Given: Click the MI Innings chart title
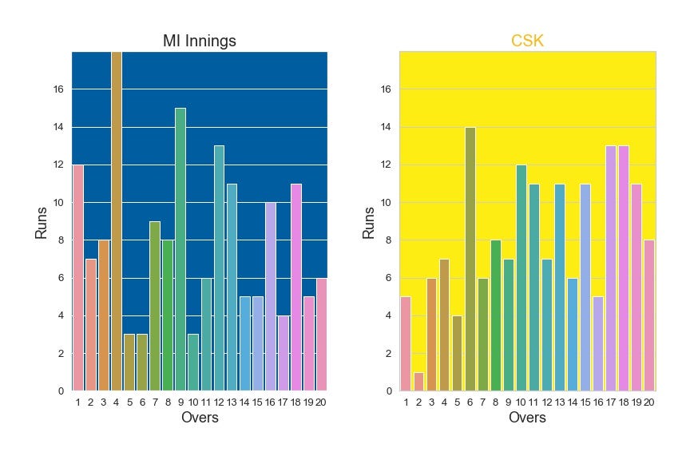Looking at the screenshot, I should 199,42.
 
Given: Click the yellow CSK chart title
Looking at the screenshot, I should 527,42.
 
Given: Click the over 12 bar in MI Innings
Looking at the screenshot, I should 219,268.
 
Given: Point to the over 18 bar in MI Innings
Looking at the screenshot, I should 295,287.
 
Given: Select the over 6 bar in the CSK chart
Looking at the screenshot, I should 470,259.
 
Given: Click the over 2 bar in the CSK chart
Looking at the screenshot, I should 418,382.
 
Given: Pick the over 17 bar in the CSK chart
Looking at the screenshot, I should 611,268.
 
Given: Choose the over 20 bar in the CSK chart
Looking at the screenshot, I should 649,315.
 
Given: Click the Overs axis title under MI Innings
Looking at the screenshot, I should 200,418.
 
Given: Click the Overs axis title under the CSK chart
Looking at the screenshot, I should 527,418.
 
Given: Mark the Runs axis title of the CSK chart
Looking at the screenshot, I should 369,221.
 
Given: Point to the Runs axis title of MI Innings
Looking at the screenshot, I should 41,221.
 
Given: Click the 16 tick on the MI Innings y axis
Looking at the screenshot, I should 57,89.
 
